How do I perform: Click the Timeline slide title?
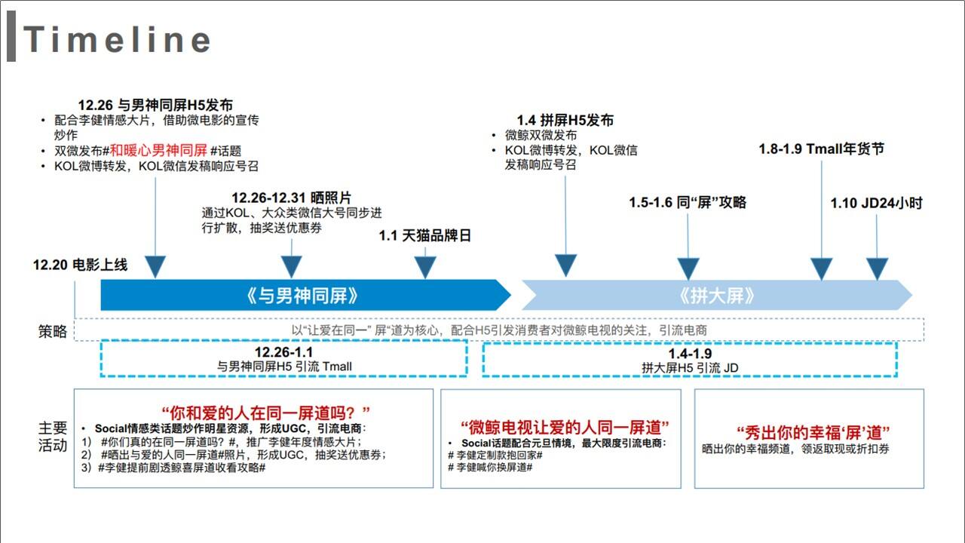coord(117,39)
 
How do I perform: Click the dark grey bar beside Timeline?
coord(11,36)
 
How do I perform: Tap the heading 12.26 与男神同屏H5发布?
coord(155,105)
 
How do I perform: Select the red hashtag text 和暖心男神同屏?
coord(158,150)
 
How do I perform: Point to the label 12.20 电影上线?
coord(80,265)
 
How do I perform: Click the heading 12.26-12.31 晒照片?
coord(291,198)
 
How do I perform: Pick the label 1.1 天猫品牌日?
coord(424,236)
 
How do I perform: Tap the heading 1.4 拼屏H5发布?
coord(565,120)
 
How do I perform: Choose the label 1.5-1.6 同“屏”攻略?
coord(688,202)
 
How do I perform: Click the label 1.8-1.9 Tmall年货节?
coord(821,149)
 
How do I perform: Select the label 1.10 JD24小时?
coord(876,203)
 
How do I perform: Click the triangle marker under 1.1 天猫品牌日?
coord(425,267)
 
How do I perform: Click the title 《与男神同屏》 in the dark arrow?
coord(302,296)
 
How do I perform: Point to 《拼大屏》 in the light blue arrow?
coord(716,296)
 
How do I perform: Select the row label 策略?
coord(53,331)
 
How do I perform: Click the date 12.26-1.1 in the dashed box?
coord(283,352)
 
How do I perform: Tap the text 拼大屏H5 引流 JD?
coord(690,368)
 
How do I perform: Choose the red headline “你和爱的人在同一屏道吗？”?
coord(265,413)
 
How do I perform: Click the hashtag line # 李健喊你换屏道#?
coord(490,467)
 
